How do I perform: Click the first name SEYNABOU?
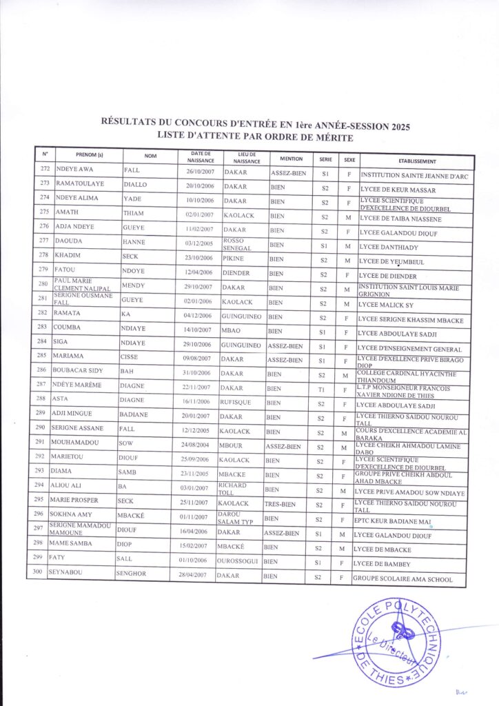tap(67, 574)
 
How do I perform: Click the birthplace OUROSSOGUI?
tap(238, 561)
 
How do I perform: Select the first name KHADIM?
tap(68, 256)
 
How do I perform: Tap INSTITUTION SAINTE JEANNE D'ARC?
tap(417, 175)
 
